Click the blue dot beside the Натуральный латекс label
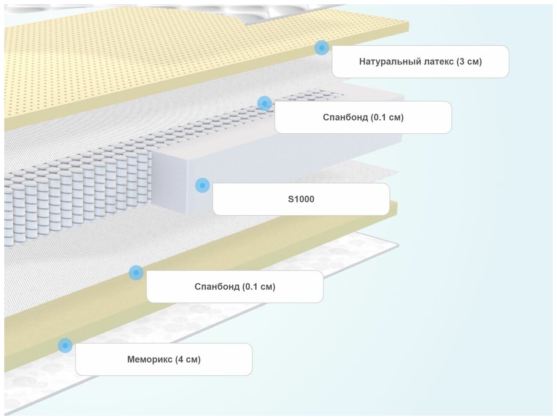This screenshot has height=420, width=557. coord(322,47)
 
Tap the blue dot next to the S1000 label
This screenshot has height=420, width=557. coord(202,185)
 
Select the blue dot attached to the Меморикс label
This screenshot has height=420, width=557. coord(65,345)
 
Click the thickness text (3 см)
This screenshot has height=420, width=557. coord(469,62)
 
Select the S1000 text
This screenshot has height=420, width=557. coord(301,199)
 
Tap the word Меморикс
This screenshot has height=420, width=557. coord(150,359)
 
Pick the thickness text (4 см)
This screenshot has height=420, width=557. coord(188,359)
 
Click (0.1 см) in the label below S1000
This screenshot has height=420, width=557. coord(258,287)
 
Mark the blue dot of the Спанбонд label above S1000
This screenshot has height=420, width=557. coord(264,103)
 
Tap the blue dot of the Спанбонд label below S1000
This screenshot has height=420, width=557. coord(136,273)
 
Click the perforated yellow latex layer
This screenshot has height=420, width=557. coord(128,64)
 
